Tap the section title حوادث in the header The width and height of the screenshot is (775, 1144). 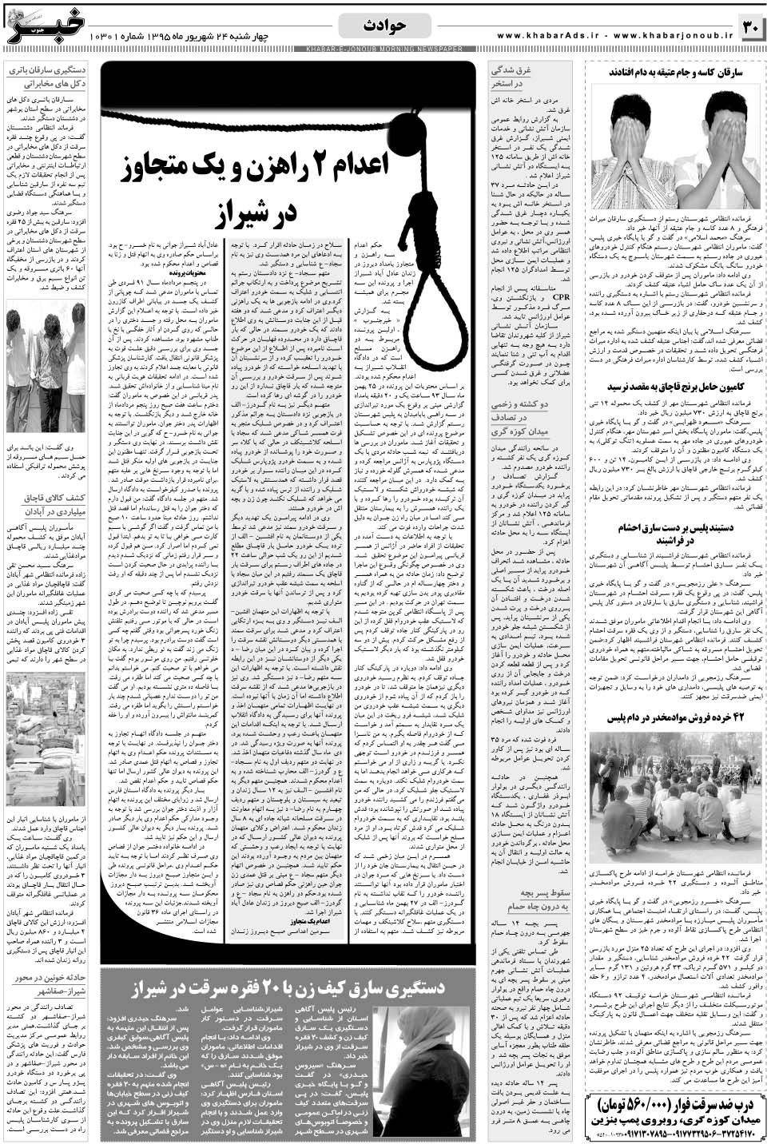384,26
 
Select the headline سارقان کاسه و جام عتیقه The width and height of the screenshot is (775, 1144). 677,72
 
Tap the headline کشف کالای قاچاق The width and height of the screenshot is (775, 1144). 47,505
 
